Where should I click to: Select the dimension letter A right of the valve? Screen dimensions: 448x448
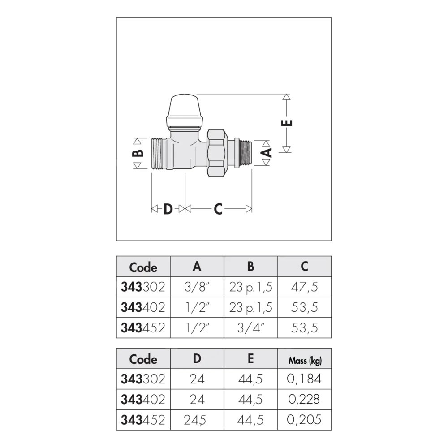coord(267,153)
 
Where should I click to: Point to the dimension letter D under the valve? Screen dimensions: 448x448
coord(168,209)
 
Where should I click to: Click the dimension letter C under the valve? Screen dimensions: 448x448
coord(218,209)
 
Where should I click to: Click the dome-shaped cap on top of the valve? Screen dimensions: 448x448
coord(185,110)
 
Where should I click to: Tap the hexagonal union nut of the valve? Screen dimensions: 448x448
coord(218,153)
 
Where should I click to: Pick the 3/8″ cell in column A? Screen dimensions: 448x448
coord(197,287)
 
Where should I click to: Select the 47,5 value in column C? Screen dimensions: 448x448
coord(305,287)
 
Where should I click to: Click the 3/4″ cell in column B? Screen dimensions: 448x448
coord(250,328)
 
